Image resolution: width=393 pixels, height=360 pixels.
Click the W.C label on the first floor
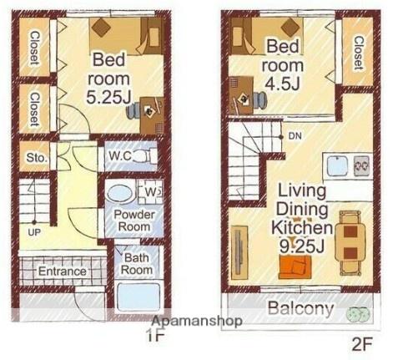(x=120, y=156)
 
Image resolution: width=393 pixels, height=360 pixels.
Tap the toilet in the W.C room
(x=144, y=156)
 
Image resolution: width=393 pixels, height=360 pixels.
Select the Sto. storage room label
(x=37, y=158)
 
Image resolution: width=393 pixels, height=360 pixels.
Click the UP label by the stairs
(x=34, y=232)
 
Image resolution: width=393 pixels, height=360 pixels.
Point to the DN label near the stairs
(x=295, y=136)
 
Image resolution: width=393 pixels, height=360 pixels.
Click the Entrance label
(x=63, y=271)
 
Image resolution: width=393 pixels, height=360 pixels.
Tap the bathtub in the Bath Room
(x=139, y=297)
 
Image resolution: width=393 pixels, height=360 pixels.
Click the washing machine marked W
(x=150, y=192)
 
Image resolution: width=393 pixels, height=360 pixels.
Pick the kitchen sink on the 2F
(x=337, y=166)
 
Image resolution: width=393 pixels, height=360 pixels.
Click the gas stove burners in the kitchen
(x=361, y=166)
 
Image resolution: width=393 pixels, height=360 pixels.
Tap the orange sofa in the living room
(x=295, y=267)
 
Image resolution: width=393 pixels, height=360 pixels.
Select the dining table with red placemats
(x=350, y=245)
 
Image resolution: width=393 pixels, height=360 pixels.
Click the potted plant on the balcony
(x=357, y=314)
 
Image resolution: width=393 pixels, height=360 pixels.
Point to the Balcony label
(x=300, y=308)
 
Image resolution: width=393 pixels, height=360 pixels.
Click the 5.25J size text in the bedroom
(x=108, y=98)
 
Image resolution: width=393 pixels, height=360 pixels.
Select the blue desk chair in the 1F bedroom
(x=133, y=110)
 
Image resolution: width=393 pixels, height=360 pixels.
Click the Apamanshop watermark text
(x=197, y=321)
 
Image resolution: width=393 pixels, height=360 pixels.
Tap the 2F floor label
(x=362, y=345)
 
